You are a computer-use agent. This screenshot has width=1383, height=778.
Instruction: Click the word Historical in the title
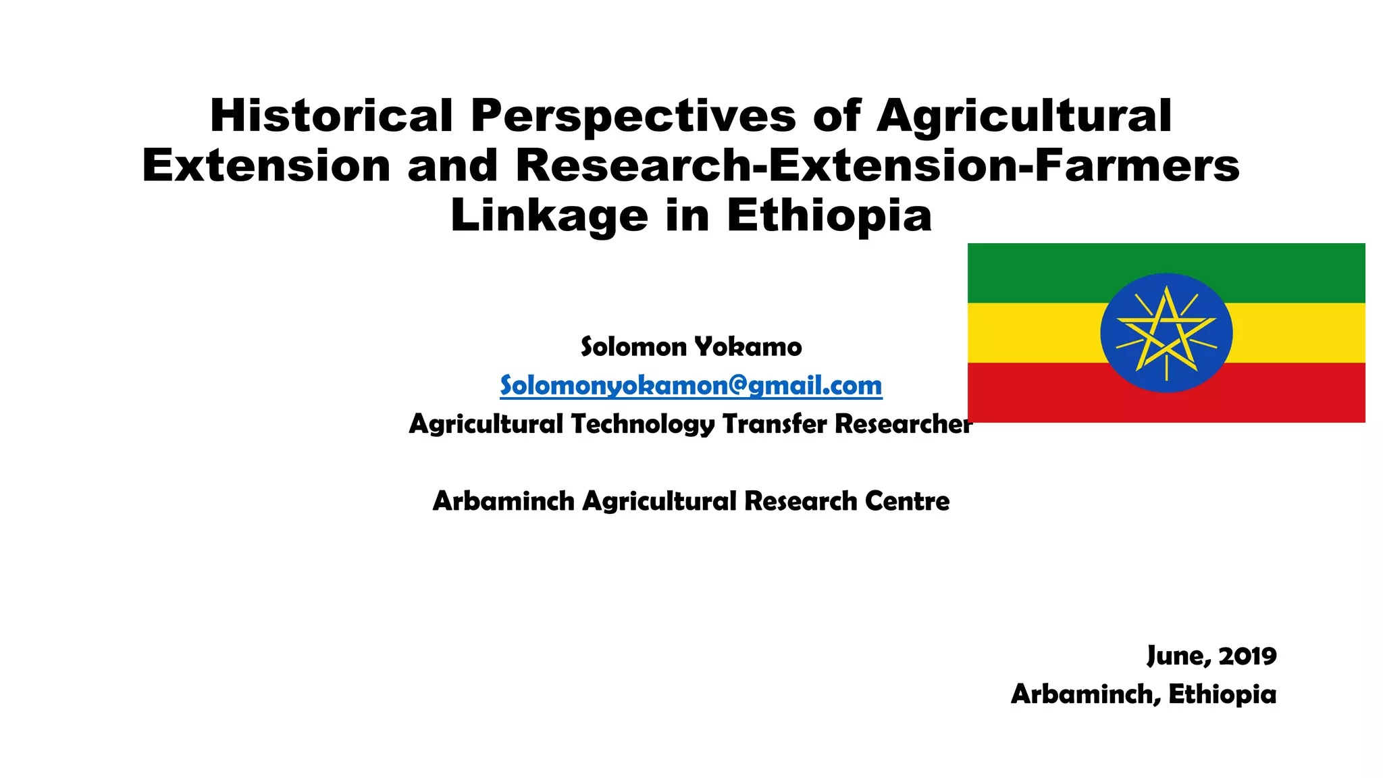click(331, 115)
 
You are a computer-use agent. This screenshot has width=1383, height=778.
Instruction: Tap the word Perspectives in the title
click(633, 115)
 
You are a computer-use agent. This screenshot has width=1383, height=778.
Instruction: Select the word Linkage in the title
click(548, 216)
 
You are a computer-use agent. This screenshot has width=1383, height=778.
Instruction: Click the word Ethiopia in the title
click(829, 216)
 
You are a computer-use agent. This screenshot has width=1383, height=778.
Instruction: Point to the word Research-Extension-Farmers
click(877, 166)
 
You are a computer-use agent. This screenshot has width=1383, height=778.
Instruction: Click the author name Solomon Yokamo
click(691, 347)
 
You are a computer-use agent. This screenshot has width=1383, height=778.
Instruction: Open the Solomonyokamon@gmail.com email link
click(691, 386)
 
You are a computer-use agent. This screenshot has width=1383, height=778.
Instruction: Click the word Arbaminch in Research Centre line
click(503, 501)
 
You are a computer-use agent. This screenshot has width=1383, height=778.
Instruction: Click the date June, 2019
click(1211, 656)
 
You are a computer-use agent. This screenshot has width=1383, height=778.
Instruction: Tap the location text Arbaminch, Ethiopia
click(1143, 694)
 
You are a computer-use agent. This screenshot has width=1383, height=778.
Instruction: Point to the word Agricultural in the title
click(1024, 115)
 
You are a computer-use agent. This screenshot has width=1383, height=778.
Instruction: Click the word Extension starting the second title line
click(266, 166)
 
